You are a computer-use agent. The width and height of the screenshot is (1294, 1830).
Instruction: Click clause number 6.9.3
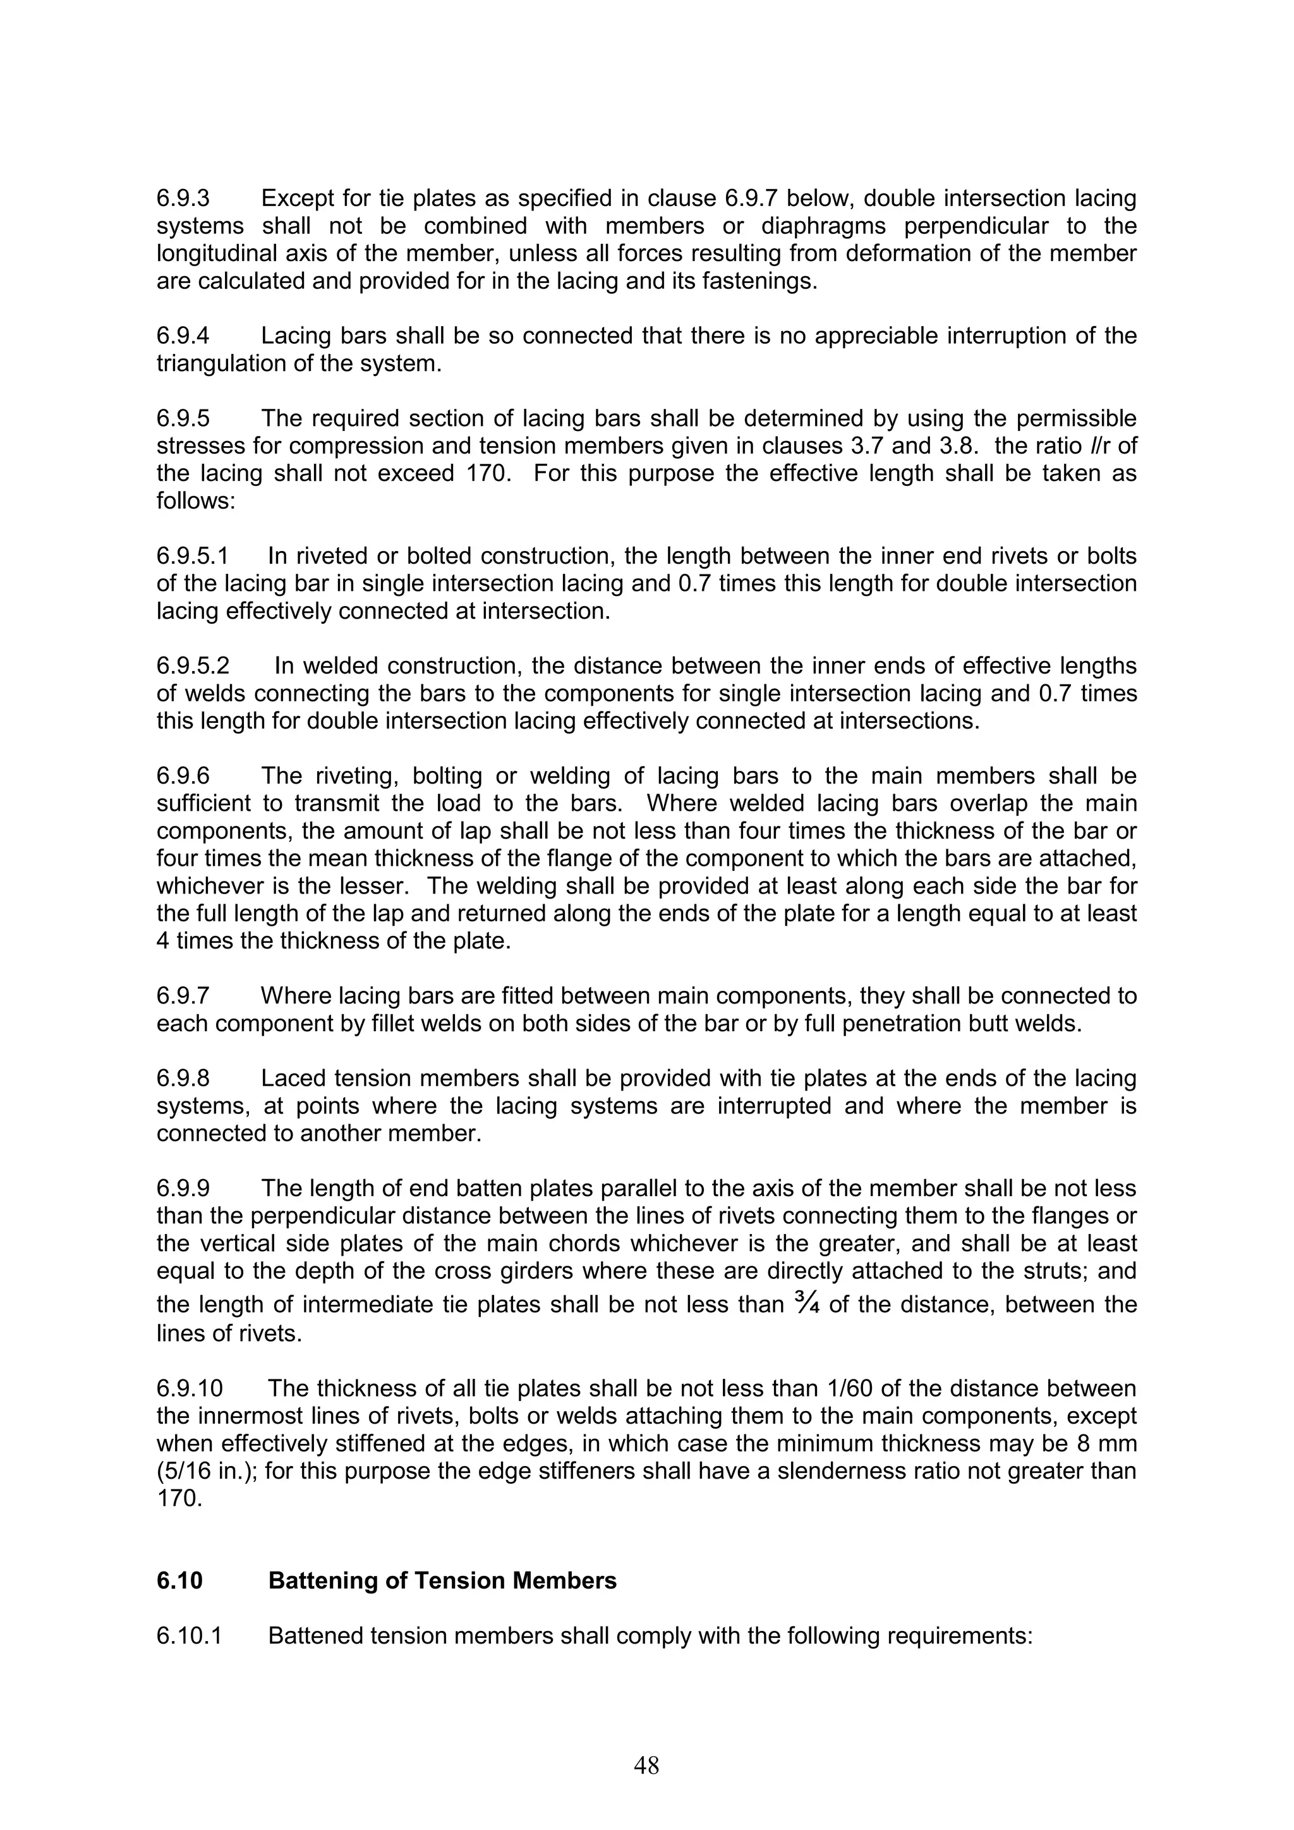[x=183, y=198]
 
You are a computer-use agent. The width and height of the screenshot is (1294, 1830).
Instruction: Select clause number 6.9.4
[x=183, y=336]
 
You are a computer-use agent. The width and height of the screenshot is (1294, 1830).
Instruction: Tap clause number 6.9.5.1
[x=192, y=555]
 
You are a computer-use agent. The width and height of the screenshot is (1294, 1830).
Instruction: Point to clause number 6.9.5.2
[x=193, y=665]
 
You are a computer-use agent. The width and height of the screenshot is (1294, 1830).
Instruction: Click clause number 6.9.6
[x=183, y=775]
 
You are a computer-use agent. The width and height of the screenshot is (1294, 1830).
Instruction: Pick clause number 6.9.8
[x=183, y=1079]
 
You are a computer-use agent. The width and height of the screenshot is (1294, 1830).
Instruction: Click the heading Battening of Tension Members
[x=442, y=1558]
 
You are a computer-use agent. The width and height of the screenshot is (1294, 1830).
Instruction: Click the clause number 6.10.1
[x=190, y=1613]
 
